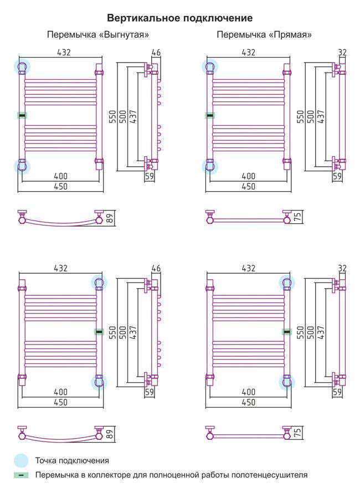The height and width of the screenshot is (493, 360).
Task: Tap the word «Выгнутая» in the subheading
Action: tap(124, 34)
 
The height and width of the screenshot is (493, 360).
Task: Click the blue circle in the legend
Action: tap(21, 461)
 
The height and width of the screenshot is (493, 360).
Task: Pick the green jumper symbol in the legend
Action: tap(21, 475)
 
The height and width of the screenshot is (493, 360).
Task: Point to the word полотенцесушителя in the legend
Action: tap(270, 475)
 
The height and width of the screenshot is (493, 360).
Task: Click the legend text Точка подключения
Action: tap(72, 461)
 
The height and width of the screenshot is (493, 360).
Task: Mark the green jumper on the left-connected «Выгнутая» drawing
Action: tap(22, 116)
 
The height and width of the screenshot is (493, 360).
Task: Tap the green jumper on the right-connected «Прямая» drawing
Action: tap(287, 331)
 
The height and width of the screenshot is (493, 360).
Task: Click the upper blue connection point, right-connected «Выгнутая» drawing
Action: tap(99, 283)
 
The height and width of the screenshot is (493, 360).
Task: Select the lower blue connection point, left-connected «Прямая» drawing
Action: tap(210, 166)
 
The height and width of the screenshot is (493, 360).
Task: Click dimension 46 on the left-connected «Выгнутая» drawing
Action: tap(156, 53)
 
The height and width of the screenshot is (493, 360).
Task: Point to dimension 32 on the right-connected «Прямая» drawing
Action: tap(342, 268)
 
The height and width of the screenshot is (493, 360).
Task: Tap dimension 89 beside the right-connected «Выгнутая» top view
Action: tap(110, 434)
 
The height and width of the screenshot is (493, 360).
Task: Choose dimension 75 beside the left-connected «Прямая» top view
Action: tap(297, 217)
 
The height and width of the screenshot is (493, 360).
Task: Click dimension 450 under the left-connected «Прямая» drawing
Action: tap(248, 187)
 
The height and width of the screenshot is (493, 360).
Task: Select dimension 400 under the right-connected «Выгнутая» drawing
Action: tap(61, 392)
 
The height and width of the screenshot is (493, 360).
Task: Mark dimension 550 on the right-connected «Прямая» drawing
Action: tap(301, 332)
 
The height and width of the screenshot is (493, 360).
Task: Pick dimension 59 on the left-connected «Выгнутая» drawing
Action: tap(150, 176)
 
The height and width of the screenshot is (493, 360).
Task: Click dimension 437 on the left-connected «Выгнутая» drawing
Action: tap(133, 116)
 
